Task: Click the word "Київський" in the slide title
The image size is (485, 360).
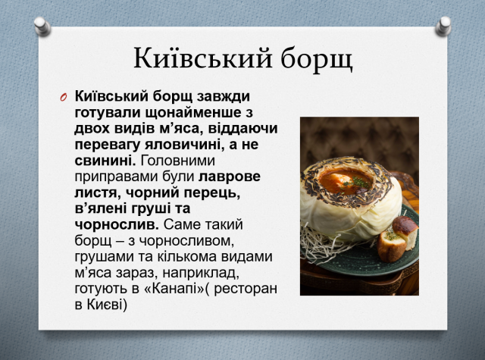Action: tap(203, 58)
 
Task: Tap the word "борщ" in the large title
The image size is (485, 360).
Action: tap(317, 59)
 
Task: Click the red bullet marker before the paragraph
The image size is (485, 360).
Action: tap(64, 97)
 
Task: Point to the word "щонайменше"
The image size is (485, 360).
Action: tap(193, 113)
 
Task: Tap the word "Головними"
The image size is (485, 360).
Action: tap(178, 161)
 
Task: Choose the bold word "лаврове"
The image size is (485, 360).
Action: tap(230, 177)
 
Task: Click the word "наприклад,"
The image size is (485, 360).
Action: tap(201, 273)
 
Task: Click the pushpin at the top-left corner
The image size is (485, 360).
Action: tap(42, 27)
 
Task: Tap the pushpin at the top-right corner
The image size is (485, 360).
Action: tap(443, 27)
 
